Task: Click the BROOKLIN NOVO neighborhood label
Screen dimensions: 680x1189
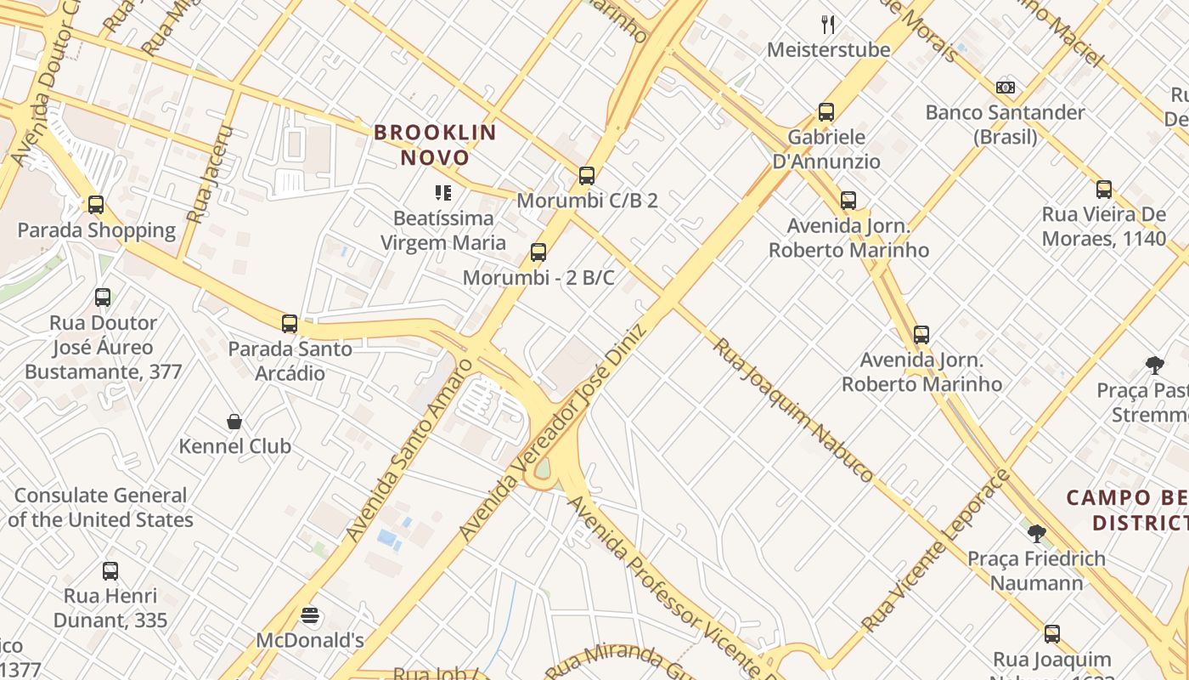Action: pyautogui.click(x=435, y=144)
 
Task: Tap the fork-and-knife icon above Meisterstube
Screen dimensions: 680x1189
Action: pyautogui.click(x=828, y=25)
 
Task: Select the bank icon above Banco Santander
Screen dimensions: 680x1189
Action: pyautogui.click(x=1006, y=88)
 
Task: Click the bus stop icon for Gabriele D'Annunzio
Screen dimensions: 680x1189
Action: pyautogui.click(x=826, y=112)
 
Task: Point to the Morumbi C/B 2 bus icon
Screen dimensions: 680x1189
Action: pyautogui.click(x=586, y=176)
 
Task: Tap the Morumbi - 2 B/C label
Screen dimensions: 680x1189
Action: pyautogui.click(x=538, y=278)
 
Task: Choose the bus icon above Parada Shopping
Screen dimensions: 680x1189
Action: pyautogui.click(x=96, y=205)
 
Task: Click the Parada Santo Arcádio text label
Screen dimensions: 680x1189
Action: pyautogui.click(x=290, y=361)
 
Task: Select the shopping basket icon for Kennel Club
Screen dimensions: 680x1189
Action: pyautogui.click(x=234, y=422)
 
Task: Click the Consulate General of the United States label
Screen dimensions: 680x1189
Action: pyautogui.click(x=100, y=507)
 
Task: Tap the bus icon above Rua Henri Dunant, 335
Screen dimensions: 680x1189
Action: pyautogui.click(x=110, y=571)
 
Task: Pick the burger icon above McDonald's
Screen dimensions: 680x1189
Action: pyautogui.click(x=310, y=615)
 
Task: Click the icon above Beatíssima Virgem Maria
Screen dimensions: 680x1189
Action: pyautogui.click(x=442, y=193)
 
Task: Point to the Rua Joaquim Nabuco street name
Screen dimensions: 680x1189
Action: pyautogui.click(x=792, y=410)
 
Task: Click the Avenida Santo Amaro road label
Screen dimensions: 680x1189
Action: pyautogui.click(x=409, y=450)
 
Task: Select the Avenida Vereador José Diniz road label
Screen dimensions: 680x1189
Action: pyautogui.click(x=552, y=432)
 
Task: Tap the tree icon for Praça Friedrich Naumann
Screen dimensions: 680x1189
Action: pyautogui.click(x=1036, y=534)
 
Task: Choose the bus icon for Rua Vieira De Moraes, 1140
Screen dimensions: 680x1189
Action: pyautogui.click(x=1104, y=190)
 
